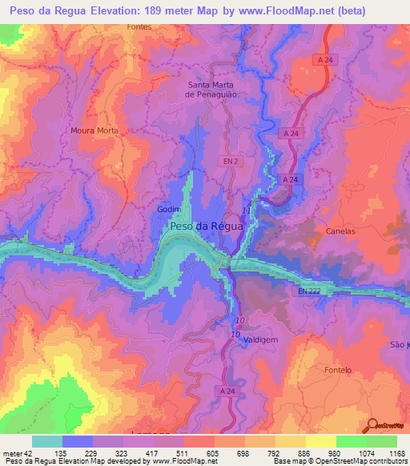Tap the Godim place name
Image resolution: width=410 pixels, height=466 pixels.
(167, 210)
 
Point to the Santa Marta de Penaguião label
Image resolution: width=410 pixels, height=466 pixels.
(212, 89)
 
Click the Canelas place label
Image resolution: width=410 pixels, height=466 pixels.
(340, 231)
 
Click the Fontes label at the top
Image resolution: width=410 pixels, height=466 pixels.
(141, 26)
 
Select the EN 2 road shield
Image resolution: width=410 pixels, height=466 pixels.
(230, 161)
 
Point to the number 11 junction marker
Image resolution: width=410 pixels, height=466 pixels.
(246, 210)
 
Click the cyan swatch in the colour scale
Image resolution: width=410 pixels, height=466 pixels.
(47, 441)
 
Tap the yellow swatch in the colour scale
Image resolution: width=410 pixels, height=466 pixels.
(291, 441)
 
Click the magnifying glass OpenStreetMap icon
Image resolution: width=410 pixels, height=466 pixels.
(372, 424)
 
